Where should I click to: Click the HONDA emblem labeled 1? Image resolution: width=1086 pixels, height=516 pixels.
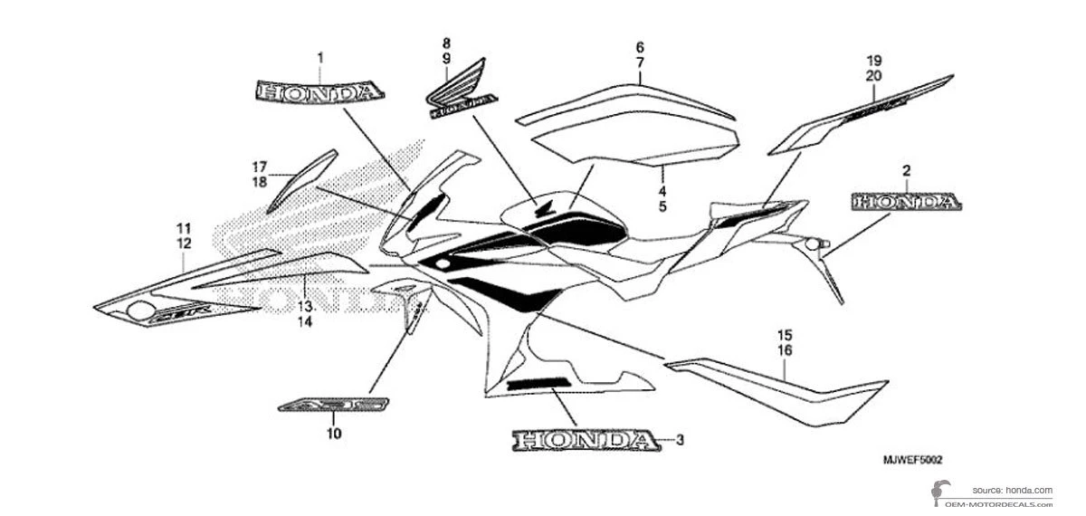319,92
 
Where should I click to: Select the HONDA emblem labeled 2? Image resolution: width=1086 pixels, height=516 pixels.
905,202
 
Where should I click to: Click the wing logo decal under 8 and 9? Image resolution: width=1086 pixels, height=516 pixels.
461,91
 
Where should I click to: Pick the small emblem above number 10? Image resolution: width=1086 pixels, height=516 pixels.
334,404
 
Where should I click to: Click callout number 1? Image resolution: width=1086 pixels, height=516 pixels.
319,57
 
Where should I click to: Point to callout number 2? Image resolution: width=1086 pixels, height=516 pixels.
880,170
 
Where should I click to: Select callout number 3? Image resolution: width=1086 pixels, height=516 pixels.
681,441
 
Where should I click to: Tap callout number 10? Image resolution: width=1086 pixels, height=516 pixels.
334,435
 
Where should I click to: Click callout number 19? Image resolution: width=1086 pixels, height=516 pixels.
872,61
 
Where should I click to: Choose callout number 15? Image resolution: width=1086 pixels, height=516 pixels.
785,334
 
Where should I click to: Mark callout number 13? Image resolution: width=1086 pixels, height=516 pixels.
305,306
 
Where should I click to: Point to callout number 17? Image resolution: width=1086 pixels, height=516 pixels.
260,167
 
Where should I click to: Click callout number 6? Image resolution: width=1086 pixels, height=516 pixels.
639,47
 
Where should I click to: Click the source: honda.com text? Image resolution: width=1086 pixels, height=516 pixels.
1012,489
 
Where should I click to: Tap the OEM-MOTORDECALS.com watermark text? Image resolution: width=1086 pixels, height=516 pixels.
995,502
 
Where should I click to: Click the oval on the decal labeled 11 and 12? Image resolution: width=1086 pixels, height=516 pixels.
140,311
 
